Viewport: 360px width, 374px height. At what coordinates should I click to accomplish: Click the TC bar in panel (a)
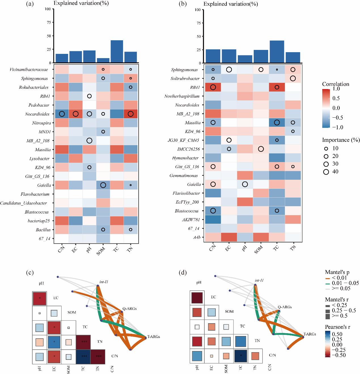point(117,51)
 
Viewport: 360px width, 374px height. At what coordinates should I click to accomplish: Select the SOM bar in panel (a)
point(103,60)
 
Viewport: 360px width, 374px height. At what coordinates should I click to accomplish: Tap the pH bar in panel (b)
point(245,59)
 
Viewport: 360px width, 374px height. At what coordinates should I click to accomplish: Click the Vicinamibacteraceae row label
point(29,69)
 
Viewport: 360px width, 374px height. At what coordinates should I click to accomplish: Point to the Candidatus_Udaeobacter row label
point(24,203)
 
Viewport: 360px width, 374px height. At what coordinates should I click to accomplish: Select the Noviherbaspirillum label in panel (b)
point(182,96)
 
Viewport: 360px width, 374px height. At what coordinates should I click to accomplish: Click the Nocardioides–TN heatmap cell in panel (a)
point(130,114)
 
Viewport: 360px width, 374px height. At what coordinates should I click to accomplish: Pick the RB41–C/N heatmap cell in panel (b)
point(213,87)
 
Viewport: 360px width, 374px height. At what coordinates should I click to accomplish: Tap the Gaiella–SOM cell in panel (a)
point(103,185)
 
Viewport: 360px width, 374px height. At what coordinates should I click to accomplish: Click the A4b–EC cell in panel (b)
point(229,237)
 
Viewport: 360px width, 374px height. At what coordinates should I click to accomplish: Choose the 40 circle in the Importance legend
point(326,172)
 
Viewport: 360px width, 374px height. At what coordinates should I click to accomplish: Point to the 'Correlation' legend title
point(336,84)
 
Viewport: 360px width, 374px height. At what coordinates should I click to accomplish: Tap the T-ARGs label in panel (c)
point(154,337)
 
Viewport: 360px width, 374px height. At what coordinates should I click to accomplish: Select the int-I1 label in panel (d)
point(259,280)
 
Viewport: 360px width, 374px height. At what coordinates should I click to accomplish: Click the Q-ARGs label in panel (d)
point(285,307)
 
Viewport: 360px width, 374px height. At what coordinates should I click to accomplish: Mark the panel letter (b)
point(183,4)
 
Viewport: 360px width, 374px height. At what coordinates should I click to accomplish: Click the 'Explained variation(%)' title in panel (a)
point(81,3)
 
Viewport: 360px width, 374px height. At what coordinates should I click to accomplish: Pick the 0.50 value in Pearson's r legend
point(337,334)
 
